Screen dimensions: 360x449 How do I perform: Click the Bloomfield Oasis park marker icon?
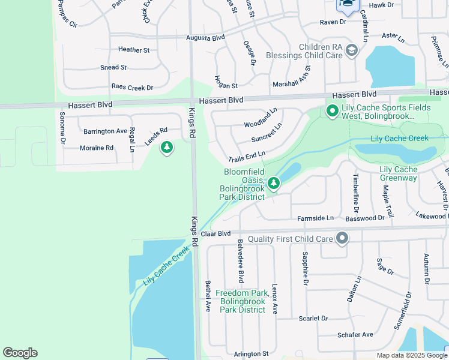click(x=274, y=182)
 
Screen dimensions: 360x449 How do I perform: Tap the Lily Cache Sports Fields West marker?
click(x=331, y=110)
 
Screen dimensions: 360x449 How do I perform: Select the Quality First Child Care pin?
click(x=342, y=239)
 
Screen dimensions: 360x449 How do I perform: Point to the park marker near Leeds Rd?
click(x=167, y=147)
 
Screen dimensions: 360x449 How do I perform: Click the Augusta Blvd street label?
click(x=205, y=37)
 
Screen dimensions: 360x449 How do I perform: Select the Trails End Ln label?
click(x=247, y=158)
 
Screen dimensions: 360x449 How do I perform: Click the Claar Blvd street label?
click(x=216, y=233)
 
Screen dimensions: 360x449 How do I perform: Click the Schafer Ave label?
click(x=355, y=335)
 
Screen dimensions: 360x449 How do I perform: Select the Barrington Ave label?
click(x=106, y=131)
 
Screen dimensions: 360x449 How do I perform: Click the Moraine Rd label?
click(x=97, y=148)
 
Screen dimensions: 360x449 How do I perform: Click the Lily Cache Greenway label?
click(x=399, y=173)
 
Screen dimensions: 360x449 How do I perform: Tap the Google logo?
click(x=20, y=353)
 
